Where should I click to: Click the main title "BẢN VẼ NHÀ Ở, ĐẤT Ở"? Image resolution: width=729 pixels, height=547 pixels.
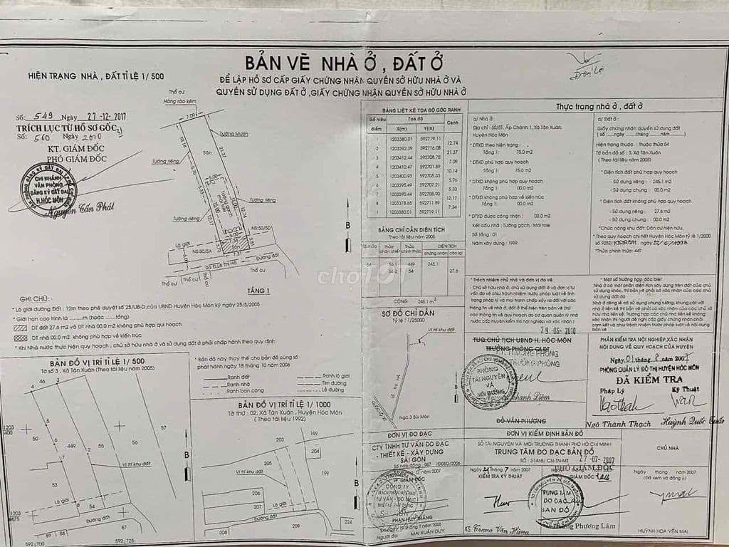click(364, 61)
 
